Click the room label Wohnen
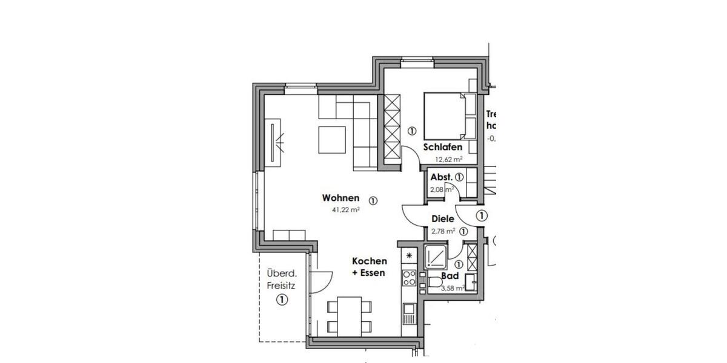click(340, 198)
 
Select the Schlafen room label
click(443, 147)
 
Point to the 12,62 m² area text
click(448, 160)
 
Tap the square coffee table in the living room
click(331, 139)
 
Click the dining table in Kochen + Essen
click(348, 315)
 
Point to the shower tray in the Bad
click(436, 258)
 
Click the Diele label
click(443, 220)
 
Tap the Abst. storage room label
click(440, 178)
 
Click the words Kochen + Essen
click(370, 267)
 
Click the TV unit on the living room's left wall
click(276, 143)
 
